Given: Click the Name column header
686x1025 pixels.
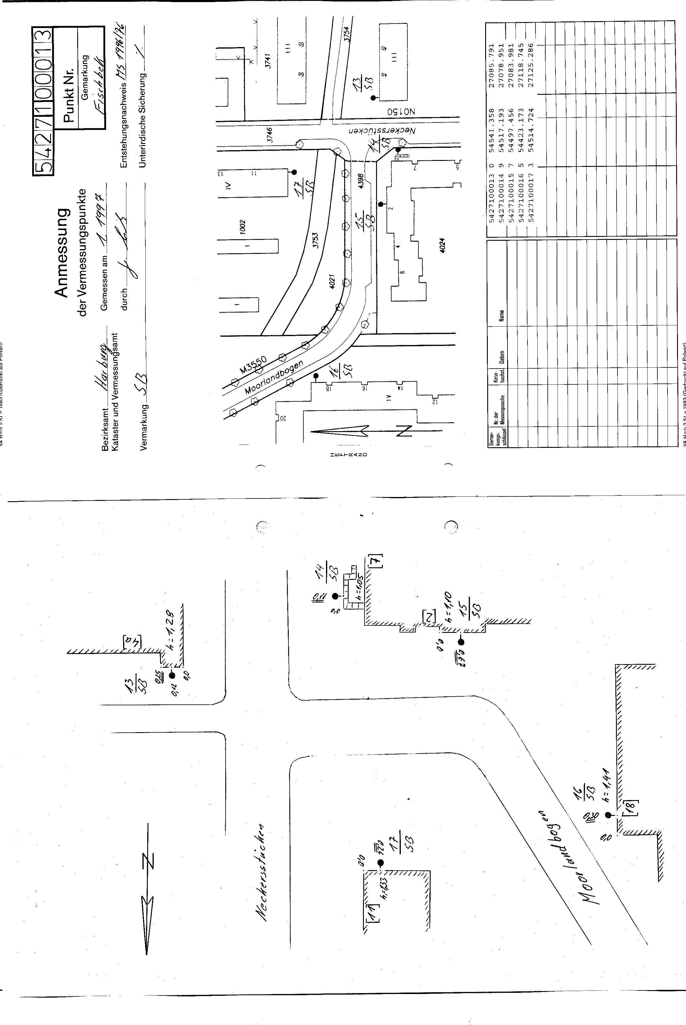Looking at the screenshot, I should pos(501,316).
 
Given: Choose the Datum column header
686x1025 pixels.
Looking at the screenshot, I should pos(501,358).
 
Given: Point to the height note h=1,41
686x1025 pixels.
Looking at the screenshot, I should pos(606,784).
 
